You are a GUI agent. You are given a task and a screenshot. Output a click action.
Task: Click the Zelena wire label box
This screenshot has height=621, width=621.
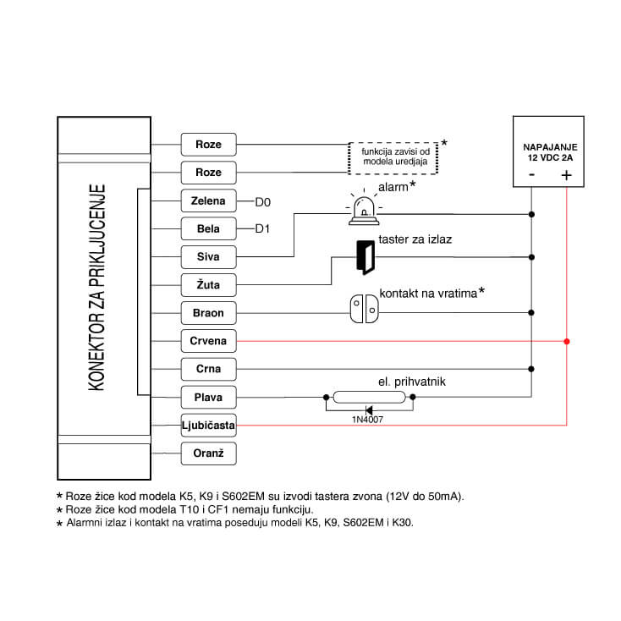coord(208,201)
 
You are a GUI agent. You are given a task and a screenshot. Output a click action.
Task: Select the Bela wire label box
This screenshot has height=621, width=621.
coord(208,229)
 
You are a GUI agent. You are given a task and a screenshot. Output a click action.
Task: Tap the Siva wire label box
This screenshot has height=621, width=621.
coord(208,257)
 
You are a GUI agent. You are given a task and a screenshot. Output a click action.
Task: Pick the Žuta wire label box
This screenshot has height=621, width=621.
coord(208,285)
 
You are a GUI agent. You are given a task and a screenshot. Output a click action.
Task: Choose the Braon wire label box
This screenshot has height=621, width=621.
coord(208,313)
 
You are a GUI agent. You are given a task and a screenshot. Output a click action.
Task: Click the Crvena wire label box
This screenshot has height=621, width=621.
coord(208,341)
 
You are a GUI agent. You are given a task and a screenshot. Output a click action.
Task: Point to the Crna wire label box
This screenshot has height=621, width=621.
coord(208,369)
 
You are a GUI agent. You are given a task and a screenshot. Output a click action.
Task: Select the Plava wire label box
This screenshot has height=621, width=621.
coord(208,397)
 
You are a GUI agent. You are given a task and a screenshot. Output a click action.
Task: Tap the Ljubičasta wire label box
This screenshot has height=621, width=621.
coord(208,425)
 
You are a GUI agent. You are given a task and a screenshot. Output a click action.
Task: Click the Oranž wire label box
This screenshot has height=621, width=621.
coord(208,453)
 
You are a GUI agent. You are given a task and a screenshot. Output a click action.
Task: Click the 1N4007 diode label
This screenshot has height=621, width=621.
coord(367,418)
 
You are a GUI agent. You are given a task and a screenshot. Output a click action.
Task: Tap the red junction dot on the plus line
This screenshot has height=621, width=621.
coord(567,341)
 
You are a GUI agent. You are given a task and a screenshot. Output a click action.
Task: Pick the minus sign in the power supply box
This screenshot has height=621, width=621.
coord(531,175)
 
